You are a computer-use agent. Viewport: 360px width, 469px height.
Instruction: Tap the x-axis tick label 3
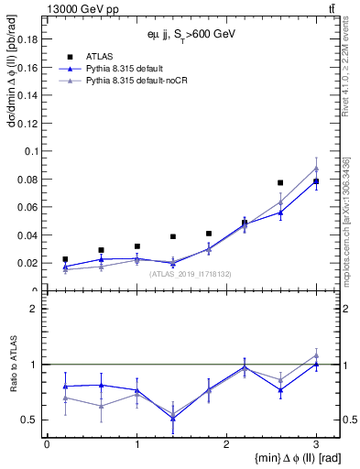point(316,443)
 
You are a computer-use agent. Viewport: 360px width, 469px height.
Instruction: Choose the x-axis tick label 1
point(136,443)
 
